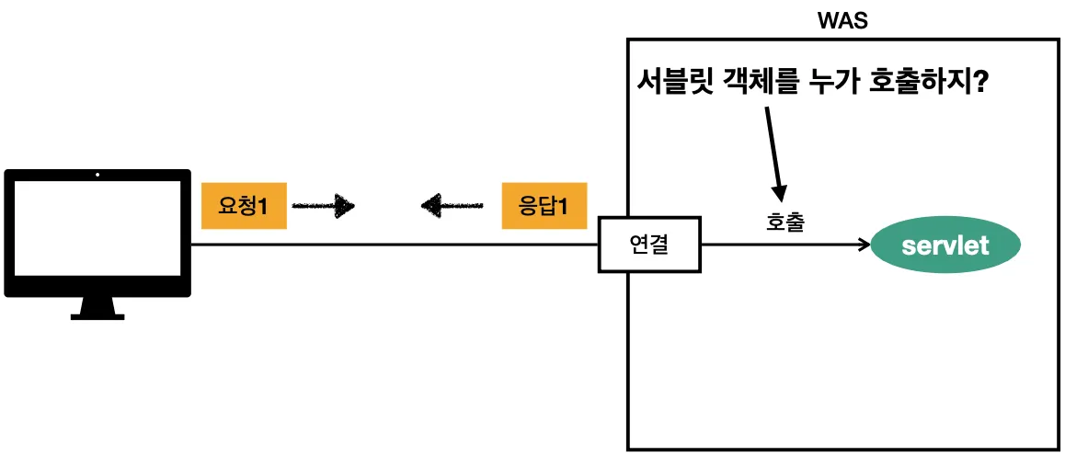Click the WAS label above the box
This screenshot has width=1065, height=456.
coord(842,20)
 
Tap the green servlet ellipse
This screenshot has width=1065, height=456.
coord(945,245)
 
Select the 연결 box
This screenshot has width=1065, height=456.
coord(648,245)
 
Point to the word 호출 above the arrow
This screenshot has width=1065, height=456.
coord(784,223)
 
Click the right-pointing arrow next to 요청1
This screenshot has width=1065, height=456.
coord(324,205)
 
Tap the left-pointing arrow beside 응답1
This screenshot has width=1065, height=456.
coord(452,205)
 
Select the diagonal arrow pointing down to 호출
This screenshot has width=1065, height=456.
coord(773,152)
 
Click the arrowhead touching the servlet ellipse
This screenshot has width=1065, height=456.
coord(864,245)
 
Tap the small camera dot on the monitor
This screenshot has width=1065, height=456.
coord(97,175)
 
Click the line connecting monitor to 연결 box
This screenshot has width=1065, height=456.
coord(395,245)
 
